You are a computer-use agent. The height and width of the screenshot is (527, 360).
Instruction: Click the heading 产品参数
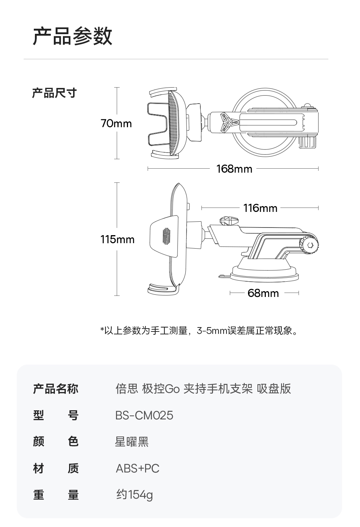coord(72,36)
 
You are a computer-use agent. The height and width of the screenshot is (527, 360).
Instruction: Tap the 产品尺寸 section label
coord(54,93)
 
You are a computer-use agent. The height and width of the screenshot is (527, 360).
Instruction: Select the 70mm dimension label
coord(116,124)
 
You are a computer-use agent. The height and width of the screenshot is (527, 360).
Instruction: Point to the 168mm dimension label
coord(234,169)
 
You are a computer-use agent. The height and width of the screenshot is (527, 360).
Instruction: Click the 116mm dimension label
coord(260,208)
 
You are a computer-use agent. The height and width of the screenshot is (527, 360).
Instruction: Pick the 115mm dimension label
coord(117,240)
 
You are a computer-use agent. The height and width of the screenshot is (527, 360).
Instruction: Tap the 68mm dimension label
coord(263,293)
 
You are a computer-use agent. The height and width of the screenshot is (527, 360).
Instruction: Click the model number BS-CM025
coord(144,415)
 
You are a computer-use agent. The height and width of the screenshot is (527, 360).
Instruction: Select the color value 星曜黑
coord(132,442)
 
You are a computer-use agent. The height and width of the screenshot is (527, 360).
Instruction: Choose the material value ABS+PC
coord(137,468)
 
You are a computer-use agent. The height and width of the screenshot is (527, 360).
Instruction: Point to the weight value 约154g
coord(135,495)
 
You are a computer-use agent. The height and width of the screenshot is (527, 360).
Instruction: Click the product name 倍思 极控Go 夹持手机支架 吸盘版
coord(203,389)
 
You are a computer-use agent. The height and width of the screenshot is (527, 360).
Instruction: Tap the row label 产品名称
coord(55,389)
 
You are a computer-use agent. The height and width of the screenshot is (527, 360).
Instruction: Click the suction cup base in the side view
coord(264,273)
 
